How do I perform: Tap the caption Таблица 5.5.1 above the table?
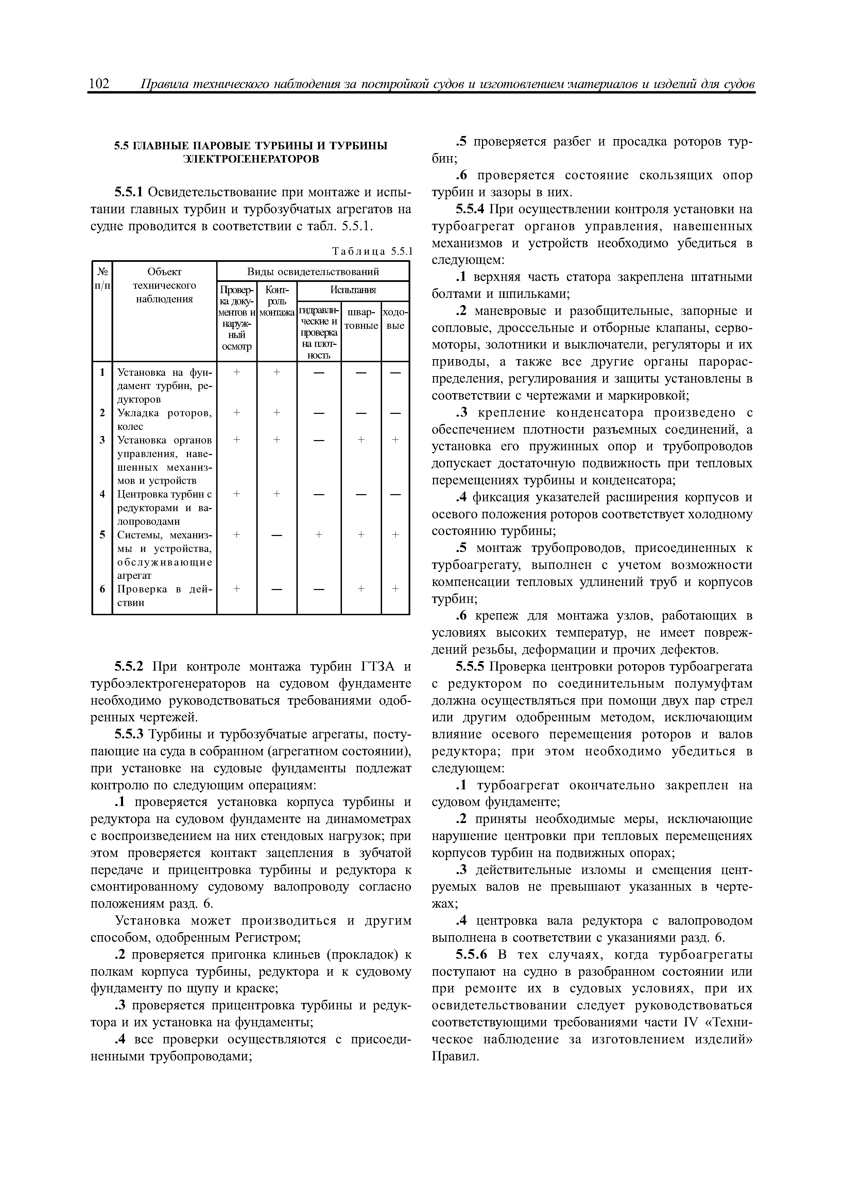(372, 252)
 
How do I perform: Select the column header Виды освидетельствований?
(313, 272)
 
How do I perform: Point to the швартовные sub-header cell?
(361, 319)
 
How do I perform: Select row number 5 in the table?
(102, 535)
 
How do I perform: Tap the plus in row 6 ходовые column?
(395, 589)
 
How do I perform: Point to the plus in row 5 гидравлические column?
(319, 535)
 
